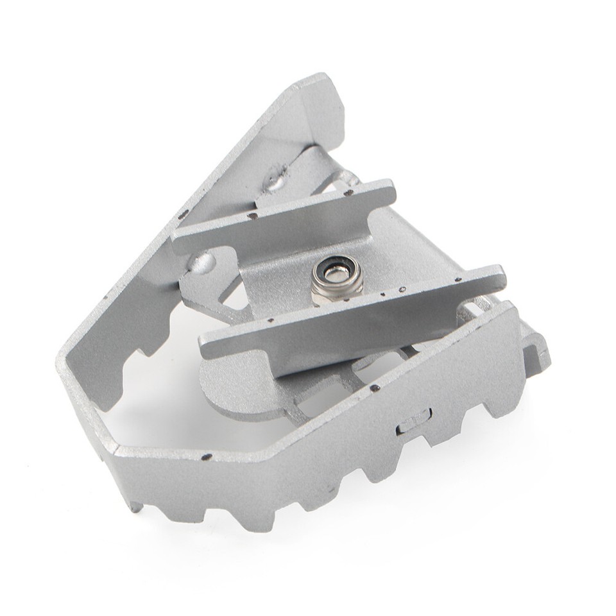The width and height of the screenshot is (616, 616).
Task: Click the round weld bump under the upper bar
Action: pos(201,262)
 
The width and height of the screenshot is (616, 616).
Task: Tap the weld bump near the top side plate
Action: pos(277,182)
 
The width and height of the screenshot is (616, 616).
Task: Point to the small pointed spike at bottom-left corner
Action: pos(135,507)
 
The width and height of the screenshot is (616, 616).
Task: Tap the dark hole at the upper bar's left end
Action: pos(252,216)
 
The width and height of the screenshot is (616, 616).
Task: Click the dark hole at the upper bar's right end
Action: pos(348,191)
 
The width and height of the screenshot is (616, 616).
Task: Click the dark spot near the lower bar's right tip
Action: pos(458,279)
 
